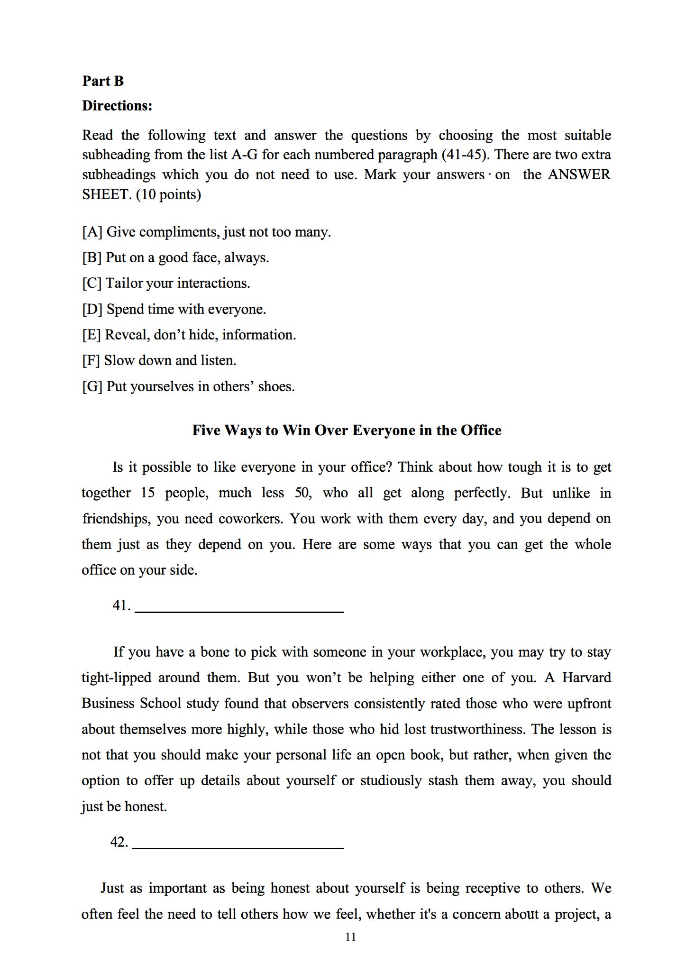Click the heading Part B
click(x=103, y=81)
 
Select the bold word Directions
click(x=117, y=106)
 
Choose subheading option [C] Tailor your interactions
click(x=166, y=283)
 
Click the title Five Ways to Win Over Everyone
click(x=347, y=430)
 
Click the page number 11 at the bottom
click(x=351, y=937)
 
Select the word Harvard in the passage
click(x=586, y=678)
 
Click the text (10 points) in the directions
click(x=168, y=194)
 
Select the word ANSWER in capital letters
click(x=579, y=174)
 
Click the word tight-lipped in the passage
click(x=116, y=678)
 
